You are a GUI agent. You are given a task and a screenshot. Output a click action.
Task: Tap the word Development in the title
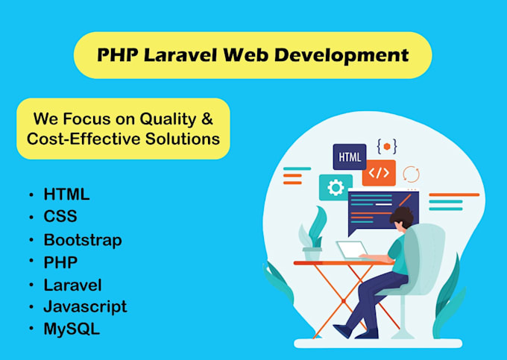click(x=341, y=56)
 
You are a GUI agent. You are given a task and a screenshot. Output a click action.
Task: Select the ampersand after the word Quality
click(x=207, y=119)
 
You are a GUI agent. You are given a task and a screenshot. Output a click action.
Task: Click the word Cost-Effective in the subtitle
click(x=84, y=139)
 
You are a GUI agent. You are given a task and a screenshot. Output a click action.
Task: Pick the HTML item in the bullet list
click(x=66, y=195)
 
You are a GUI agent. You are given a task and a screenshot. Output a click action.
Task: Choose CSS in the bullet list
click(x=60, y=216)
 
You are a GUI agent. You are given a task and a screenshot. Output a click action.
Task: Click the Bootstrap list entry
click(x=83, y=240)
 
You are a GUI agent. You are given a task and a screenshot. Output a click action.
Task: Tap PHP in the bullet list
click(x=60, y=262)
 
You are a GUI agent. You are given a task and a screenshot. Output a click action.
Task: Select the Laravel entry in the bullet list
click(x=73, y=285)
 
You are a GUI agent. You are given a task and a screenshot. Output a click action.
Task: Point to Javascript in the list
click(x=85, y=306)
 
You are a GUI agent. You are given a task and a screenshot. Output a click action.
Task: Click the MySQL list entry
click(x=72, y=329)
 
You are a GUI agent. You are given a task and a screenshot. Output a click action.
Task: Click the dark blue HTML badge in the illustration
click(x=350, y=157)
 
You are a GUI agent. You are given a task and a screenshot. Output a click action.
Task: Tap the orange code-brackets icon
click(x=379, y=173)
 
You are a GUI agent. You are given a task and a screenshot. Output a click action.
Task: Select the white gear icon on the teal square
click(x=336, y=187)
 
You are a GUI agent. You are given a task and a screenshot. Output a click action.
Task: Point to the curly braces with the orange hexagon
click(x=387, y=146)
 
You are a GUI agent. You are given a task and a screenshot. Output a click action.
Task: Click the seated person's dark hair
click(x=402, y=217)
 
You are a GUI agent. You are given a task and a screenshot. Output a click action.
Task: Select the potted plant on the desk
click(x=312, y=233)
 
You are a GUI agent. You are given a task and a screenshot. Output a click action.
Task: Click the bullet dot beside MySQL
click(x=31, y=329)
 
